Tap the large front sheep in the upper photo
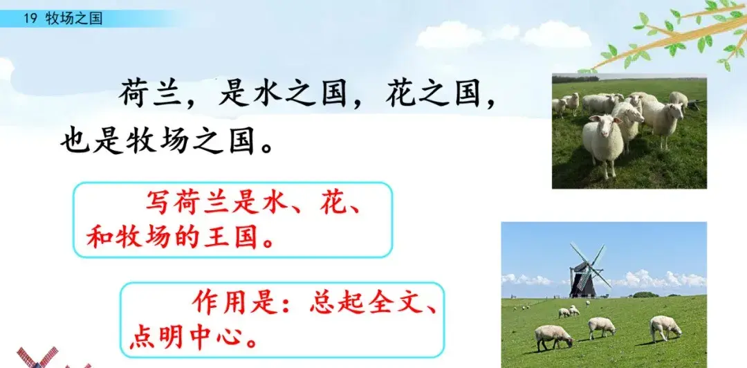(602, 142)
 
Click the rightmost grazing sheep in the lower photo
(665, 326)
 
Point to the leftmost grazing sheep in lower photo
(553, 335)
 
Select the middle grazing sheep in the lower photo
(601, 326)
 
